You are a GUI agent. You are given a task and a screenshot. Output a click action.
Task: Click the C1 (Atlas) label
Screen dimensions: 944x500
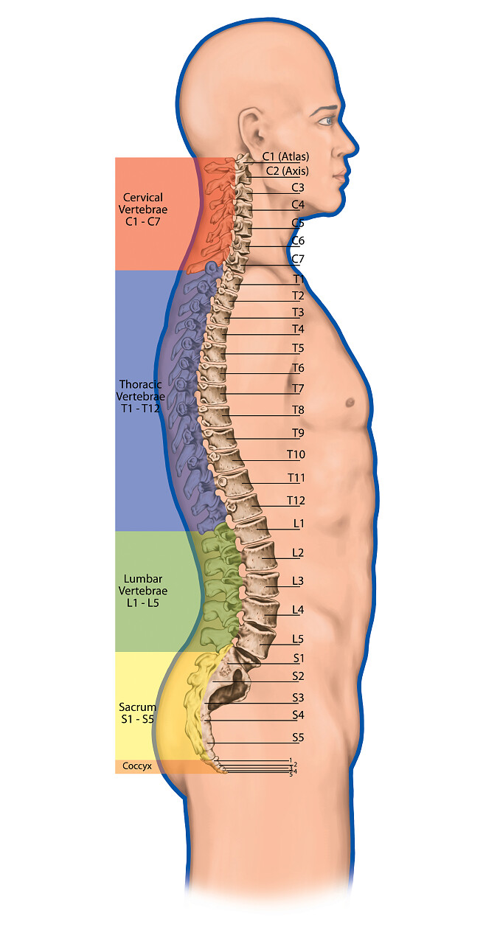pos(285,156)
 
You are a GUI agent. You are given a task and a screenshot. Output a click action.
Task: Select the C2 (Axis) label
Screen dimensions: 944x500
pos(285,171)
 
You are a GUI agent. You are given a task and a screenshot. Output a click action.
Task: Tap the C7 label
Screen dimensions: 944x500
pos(298,259)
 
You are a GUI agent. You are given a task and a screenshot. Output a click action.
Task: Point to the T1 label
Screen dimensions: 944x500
pos(299,280)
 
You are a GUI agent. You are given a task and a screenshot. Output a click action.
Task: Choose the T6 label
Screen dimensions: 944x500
pos(298,367)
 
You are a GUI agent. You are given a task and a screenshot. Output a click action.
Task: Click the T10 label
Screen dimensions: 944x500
pos(296,454)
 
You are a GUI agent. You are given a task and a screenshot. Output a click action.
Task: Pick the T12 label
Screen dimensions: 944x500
pos(296,501)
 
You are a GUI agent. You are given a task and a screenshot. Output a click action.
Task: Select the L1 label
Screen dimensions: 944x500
pos(299,524)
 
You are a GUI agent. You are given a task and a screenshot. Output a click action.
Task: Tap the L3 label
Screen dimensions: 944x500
pos(298,580)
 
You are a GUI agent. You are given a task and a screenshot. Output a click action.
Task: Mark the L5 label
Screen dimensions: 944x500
pos(298,639)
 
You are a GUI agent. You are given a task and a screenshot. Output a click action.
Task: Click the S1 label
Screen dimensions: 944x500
pos(298,658)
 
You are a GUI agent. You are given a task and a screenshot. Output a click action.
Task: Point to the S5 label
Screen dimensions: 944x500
pos(298,737)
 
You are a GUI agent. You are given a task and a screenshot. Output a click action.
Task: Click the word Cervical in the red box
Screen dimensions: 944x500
pos(143,198)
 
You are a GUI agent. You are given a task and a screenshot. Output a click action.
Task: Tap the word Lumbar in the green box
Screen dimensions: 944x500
pos(143,579)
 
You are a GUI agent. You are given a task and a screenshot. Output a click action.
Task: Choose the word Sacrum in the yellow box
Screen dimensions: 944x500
pos(137,707)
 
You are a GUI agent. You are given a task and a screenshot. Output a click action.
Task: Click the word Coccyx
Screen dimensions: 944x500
pos(137,766)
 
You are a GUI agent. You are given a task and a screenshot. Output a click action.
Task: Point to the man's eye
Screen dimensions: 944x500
pos(325,119)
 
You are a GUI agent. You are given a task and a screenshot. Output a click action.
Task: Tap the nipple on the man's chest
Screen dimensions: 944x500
pos(349,402)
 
